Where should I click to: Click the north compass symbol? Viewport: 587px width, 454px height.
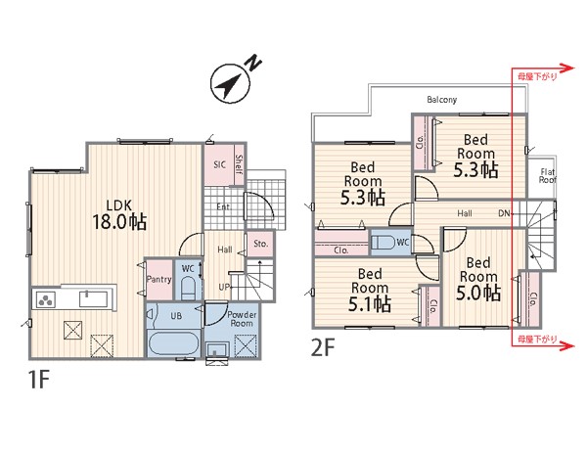230,85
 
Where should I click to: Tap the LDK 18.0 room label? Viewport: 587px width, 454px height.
119,214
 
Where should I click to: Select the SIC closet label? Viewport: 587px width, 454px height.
219,164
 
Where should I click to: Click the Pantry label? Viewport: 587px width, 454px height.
159,279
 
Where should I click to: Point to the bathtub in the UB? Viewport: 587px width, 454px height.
175,343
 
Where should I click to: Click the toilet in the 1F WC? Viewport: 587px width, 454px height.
188,289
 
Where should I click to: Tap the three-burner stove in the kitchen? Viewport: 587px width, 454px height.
46,299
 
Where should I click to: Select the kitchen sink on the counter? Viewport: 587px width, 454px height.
93,299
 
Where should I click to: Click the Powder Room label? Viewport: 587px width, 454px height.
243,319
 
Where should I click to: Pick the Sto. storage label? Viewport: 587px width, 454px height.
261,244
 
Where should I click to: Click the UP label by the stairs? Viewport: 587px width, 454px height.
224,287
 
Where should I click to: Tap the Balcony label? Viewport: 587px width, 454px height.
442,100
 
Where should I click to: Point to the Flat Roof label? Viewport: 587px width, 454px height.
547,176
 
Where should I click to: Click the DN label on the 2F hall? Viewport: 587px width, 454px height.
504,213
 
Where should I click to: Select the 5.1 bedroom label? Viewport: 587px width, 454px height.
370,290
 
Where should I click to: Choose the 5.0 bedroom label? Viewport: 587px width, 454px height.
478,279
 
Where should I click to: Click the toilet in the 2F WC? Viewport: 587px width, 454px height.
383,243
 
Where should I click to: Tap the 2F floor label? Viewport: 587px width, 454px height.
322,347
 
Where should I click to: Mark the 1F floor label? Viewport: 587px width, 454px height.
38,380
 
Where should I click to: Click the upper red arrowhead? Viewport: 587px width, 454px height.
567,68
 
